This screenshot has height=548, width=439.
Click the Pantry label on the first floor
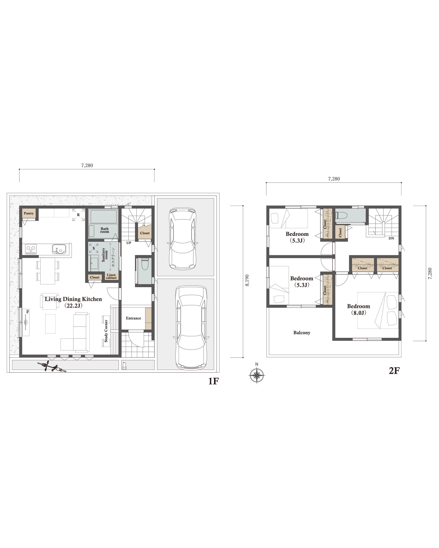click(x=29, y=213)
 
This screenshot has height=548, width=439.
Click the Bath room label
click(x=105, y=230)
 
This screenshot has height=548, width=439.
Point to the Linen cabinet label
click(x=111, y=276)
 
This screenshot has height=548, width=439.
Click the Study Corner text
click(x=106, y=331)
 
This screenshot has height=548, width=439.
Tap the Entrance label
click(x=133, y=318)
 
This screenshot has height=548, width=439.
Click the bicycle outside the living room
click(x=52, y=367)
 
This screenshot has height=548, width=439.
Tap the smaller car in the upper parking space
click(x=183, y=238)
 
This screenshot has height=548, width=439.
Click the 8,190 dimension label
click(x=247, y=280)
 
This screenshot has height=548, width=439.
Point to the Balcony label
click(x=302, y=333)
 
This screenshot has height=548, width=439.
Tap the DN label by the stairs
click(x=391, y=238)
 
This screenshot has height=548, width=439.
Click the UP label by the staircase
click(x=129, y=243)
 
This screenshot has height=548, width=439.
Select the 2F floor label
click(x=394, y=371)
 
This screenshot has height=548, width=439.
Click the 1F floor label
click(x=213, y=381)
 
